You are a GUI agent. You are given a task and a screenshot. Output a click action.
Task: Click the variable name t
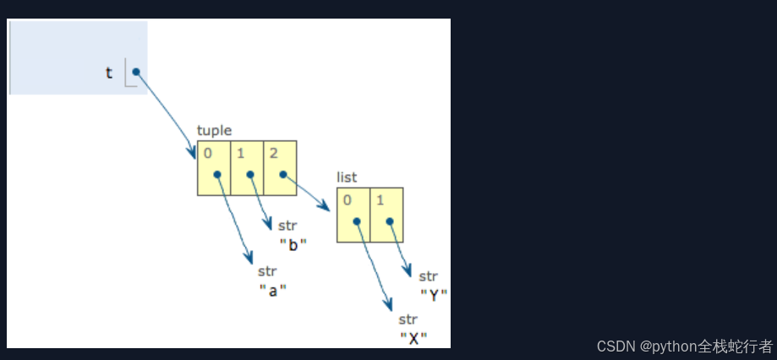click(108, 73)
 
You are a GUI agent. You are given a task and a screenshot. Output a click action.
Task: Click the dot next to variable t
click(136, 72)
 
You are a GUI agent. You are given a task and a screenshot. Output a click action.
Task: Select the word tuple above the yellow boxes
click(214, 130)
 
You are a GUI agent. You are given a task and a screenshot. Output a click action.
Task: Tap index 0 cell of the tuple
click(214, 167)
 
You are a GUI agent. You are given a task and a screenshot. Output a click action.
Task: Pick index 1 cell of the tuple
click(247, 167)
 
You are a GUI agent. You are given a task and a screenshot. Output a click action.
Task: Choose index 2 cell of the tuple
click(280, 167)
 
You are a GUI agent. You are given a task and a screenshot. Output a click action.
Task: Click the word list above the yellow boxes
click(347, 177)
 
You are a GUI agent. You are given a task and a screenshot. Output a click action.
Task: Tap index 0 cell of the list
click(353, 215)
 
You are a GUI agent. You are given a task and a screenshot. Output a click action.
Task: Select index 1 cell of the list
click(386, 215)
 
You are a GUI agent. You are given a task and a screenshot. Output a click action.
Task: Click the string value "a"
click(272, 289)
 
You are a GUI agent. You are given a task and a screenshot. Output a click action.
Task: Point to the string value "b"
click(293, 244)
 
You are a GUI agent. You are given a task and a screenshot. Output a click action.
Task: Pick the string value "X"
click(413, 338)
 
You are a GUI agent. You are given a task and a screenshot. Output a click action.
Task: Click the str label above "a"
click(267, 272)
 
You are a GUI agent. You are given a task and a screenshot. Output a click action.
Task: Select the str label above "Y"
click(429, 276)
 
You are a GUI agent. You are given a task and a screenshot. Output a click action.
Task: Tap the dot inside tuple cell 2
click(283, 175)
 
